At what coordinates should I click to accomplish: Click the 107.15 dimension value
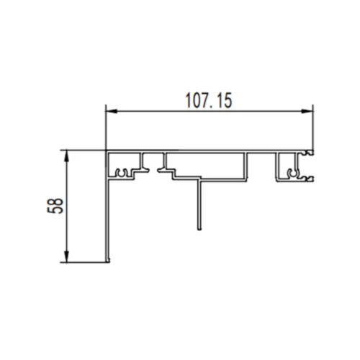[x=209, y=102]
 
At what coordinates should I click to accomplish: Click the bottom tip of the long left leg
[x=109, y=261]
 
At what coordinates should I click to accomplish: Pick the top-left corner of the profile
[x=107, y=151]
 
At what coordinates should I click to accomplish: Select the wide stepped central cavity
[x=205, y=163]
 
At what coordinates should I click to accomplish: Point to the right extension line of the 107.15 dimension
[x=315, y=130]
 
